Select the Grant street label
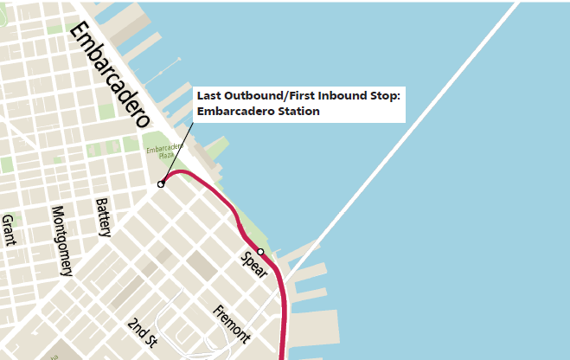click(x=9, y=230)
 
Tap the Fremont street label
click(x=231, y=325)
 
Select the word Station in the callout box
click(x=295, y=112)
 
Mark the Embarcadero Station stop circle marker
click(x=161, y=184)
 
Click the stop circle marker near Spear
click(x=260, y=252)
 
